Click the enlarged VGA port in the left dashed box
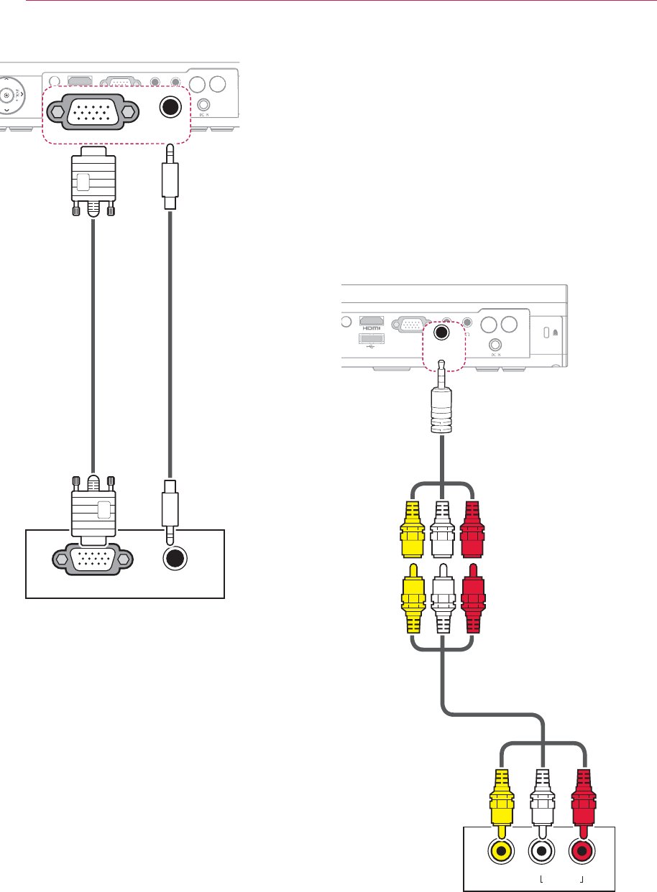tap(91, 111)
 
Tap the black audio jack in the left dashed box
tap(170, 107)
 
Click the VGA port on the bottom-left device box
tap(91, 559)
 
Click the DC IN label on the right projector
tap(495, 354)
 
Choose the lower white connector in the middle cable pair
tap(442, 602)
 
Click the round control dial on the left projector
tap(8, 96)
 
